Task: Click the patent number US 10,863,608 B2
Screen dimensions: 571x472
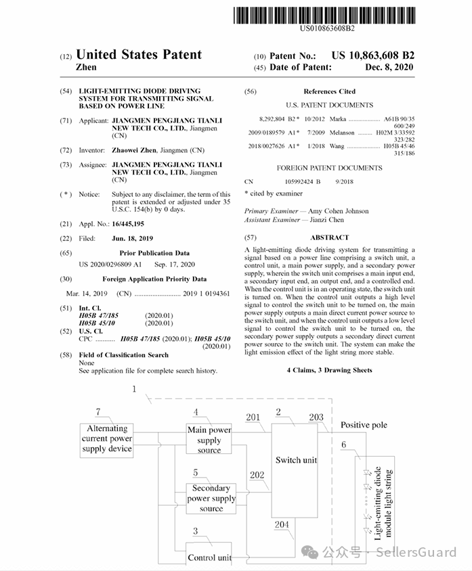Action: pos(372,55)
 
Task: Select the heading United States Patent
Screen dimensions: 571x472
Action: pos(139,55)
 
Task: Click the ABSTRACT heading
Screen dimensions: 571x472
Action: pos(329,237)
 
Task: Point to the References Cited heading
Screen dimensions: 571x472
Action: pos(329,91)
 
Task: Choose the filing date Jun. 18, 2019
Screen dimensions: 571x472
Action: pos(133,238)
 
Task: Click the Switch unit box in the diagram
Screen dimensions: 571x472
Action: pos(296,460)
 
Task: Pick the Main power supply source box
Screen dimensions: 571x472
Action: pos(209,439)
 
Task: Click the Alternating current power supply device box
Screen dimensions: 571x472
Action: pos(107,438)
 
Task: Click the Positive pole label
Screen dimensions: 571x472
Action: pos(364,425)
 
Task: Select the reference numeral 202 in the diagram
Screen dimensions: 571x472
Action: pos(257,475)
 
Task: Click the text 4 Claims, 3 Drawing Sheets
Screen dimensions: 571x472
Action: pos(329,370)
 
